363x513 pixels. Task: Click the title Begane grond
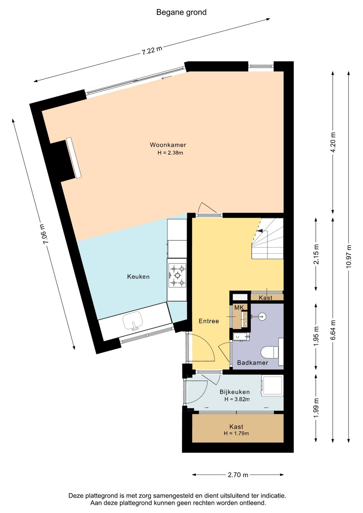pyautogui.click(x=181, y=12)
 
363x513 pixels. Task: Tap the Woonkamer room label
pyautogui.click(x=168, y=145)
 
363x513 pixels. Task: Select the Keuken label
pyautogui.click(x=138, y=277)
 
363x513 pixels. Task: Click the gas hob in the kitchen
pyautogui.click(x=177, y=275)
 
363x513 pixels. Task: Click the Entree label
pyautogui.click(x=209, y=321)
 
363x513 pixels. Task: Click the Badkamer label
pyautogui.click(x=252, y=363)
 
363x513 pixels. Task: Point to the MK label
pyautogui.click(x=239, y=308)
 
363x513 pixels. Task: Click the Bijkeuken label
pyautogui.click(x=235, y=392)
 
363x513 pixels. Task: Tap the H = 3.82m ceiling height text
pyautogui.click(x=237, y=399)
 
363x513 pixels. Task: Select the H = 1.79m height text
pyautogui.click(x=236, y=433)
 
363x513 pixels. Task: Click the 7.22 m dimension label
pyautogui.click(x=152, y=50)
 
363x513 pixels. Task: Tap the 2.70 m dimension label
pyautogui.click(x=238, y=475)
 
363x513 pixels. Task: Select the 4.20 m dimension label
pyautogui.click(x=333, y=142)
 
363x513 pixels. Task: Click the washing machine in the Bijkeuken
pyautogui.click(x=272, y=386)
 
